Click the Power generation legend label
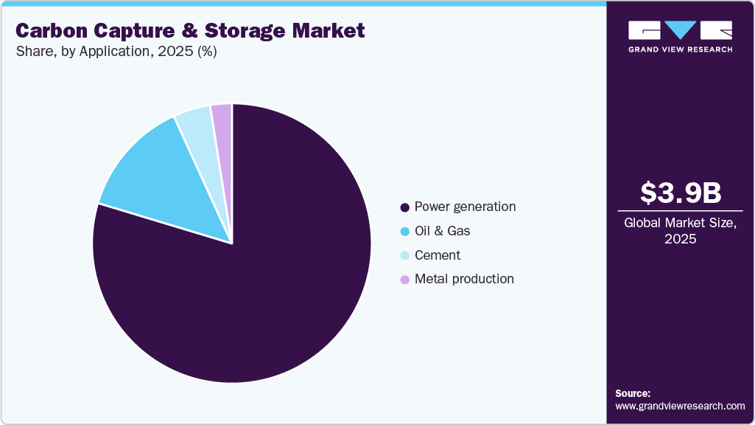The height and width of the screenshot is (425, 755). (x=465, y=207)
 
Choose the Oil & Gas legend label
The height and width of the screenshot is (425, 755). (x=442, y=231)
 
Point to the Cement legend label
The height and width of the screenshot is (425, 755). (x=437, y=255)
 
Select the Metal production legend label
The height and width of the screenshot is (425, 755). (x=464, y=279)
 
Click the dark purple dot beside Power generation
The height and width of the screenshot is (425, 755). (x=404, y=207)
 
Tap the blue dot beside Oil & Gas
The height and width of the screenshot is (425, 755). (x=404, y=232)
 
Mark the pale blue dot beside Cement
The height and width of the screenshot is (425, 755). (x=404, y=256)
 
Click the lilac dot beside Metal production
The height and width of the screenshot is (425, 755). (x=404, y=280)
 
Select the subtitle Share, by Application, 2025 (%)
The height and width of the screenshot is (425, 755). (x=116, y=52)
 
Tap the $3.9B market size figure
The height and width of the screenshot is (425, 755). (x=680, y=193)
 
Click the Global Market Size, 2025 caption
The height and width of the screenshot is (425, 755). (x=680, y=231)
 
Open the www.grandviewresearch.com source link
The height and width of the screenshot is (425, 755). (x=680, y=407)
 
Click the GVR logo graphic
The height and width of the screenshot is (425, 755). (x=680, y=30)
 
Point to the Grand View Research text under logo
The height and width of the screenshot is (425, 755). (x=680, y=49)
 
